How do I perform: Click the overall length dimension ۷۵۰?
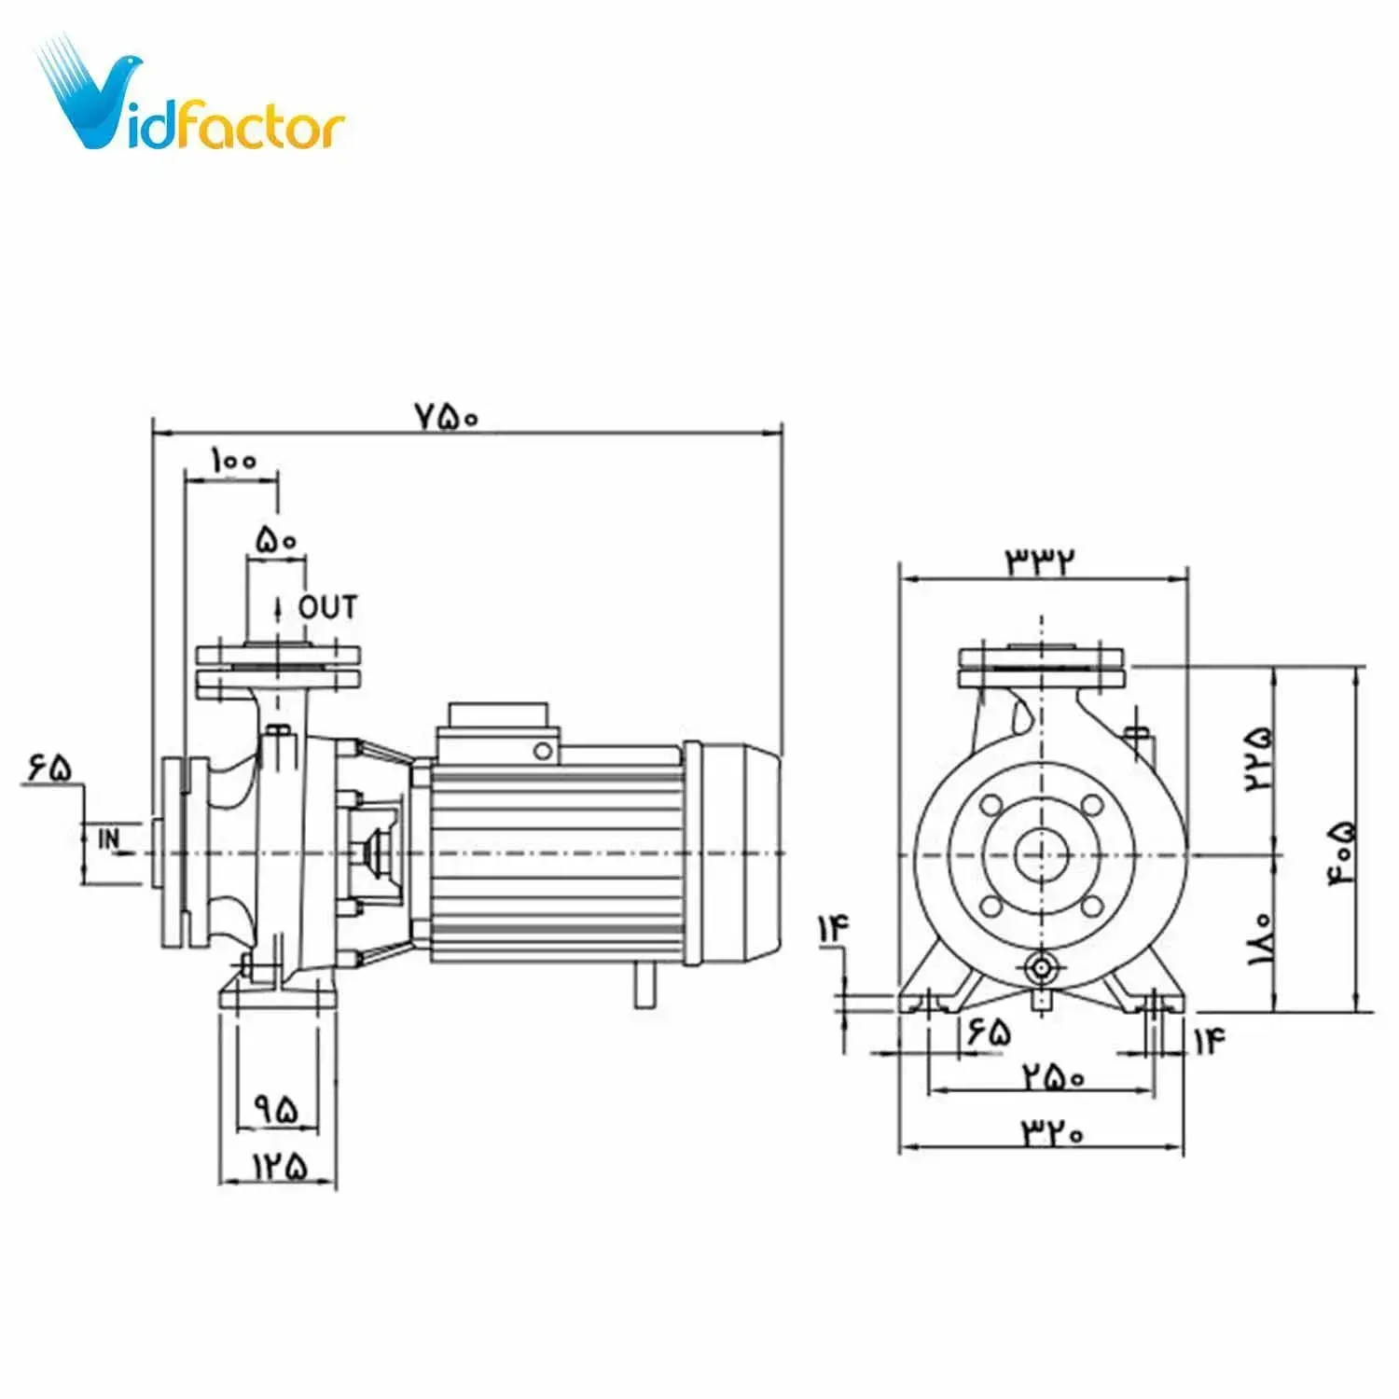click(446, 417)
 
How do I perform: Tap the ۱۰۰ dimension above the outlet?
click(232, 461)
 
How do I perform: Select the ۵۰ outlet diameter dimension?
click(275, 540)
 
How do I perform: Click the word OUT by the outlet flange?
click(327, 607)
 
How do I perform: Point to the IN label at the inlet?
click(109, 839)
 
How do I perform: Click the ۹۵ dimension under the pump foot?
click(277, 1110)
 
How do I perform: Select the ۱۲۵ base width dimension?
click(278, 1165)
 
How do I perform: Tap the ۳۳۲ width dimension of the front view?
click(1039, 560)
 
